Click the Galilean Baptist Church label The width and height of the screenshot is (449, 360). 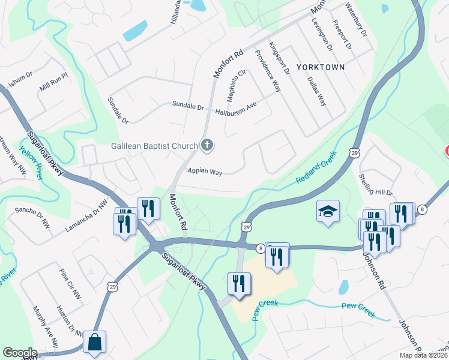click(154, 146)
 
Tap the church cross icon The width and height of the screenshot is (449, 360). click(207, 145)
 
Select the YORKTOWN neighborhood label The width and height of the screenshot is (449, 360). click(320, 67)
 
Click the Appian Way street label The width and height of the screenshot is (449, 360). click(205, 172)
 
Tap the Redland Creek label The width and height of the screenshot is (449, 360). click(316, 167)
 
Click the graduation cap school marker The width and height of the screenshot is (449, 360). click(328, 211)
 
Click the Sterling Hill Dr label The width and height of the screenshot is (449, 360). click(375, 185)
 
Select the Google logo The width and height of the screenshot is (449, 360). click(20, 353)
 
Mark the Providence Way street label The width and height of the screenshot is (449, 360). click(268, 70)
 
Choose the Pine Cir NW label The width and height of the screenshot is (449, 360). click(70, 284)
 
